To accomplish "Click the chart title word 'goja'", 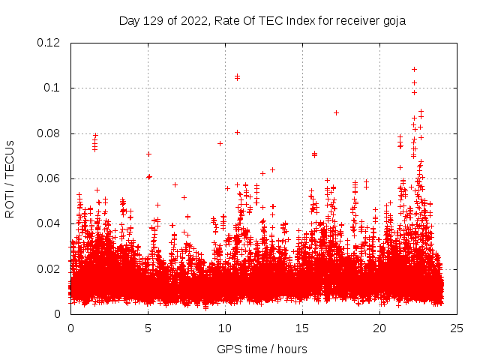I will (x=392, y=20).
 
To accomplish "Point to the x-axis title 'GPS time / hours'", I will (x=262, y=349).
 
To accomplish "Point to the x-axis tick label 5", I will (x=148, y=328).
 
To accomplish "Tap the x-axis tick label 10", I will (x=225, y=328).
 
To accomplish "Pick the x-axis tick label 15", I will (x=302, y=328).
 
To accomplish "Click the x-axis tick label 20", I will (x=379, y=328).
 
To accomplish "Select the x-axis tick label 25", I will (x=457, y=328).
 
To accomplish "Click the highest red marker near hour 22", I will (x=414, y=69).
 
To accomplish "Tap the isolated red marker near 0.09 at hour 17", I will (x=336, y=112).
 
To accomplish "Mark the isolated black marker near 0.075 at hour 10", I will (x=220, y=143).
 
